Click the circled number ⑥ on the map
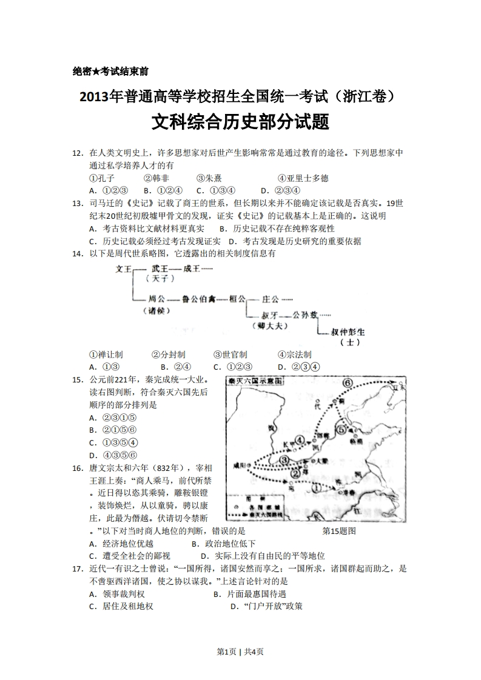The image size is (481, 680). pos(348,383)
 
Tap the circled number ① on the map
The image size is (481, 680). pos(316,485)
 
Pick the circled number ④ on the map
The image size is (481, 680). pos(299,439)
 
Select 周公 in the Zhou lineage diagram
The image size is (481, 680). pos(157,299)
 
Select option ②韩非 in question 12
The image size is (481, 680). pos(156,178)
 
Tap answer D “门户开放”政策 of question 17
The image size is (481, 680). pos(266,605)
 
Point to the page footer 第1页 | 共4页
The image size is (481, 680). pos(240,652)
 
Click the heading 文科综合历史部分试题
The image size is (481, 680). pos(240,122)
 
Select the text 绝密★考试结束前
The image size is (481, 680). pos(110,71)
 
